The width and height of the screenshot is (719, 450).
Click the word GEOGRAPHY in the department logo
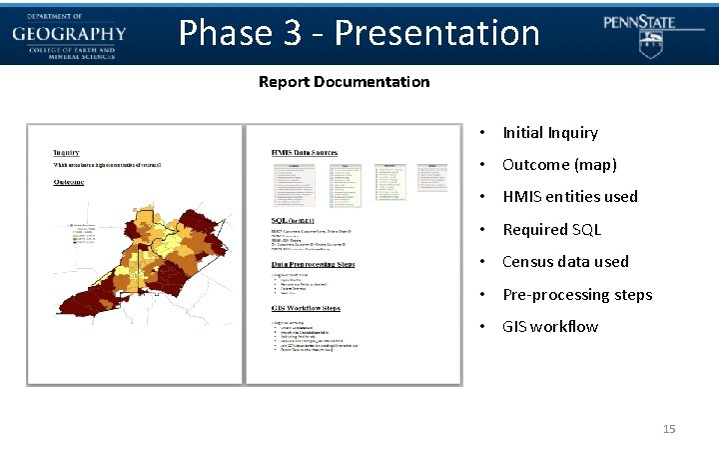69,33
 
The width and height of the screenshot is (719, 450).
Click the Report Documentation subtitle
344,82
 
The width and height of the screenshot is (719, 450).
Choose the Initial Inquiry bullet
549,132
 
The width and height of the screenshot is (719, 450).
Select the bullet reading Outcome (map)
559,164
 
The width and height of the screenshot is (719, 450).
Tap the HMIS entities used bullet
569,197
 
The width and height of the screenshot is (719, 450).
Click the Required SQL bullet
551,229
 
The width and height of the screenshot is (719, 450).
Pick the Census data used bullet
565,262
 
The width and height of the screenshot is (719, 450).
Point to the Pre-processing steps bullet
576,294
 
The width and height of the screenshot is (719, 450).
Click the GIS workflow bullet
550,327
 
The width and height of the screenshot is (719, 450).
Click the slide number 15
669,429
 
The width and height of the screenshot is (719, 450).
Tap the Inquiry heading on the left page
67,152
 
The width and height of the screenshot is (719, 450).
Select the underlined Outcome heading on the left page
69,182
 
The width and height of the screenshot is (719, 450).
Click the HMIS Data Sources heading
309,152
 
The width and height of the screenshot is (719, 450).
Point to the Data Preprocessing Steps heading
313,264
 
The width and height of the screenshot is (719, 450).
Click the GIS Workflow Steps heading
306,308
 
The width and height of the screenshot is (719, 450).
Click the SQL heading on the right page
293,219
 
